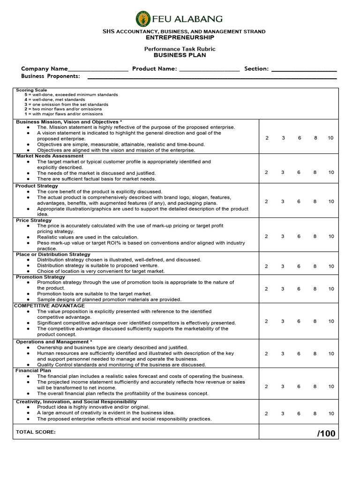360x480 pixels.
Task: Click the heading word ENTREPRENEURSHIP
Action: pyautogui.click(x=180, y=37)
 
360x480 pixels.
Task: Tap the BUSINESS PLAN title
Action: pyautogui.click(x=180, y=55)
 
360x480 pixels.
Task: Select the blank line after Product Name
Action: pyautogui.click(x=209, y=69)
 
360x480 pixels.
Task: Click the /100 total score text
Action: pyautogui.click(x=326, y=433)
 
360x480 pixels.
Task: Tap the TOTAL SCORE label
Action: pyautogui.click(x=36, y=432)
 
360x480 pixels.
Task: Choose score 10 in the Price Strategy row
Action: pyautogui.click(x=331, y=237)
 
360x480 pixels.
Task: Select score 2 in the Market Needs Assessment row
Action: pyautogui.click(x=267, y=172)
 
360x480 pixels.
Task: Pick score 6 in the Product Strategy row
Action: pyautogui.click(x=299, y=202)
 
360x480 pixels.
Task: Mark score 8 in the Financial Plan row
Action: pyautogui.click(x=315, y=387)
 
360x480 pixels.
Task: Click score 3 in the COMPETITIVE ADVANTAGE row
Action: pyautogui.click(x=283, y=322)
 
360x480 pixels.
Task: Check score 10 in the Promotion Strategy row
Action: pyautogui.click(x=331, y=289)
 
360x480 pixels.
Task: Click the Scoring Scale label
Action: pyautogui.click(x=31, y=90)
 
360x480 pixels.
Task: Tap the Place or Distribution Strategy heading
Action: pyautogui.click(x=53, y=254)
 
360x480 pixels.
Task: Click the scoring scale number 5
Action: pyautogui.click(x=26, y=95)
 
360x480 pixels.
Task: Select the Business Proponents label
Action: pyautogui.click(x=51, y=76)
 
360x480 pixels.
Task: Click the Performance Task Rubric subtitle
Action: pyautogui.click(x=180, y=49)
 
